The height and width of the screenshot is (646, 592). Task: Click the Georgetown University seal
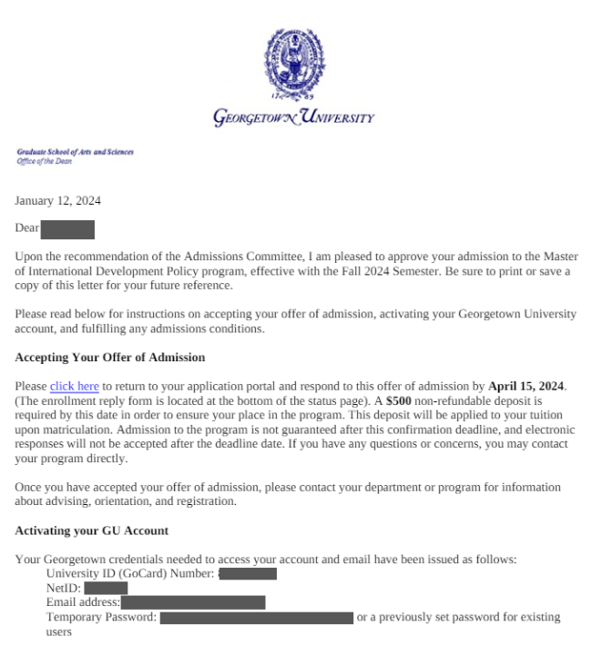[x=296, y=63]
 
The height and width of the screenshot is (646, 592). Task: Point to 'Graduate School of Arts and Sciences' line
[x=73, y=152]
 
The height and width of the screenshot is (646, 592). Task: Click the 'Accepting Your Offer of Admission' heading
[x=111, y=357]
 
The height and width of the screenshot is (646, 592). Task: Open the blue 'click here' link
[x=74, y=386]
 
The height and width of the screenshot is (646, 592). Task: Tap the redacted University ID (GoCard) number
[x=248, y=574]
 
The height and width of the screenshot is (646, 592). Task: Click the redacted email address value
[x=193, y=602]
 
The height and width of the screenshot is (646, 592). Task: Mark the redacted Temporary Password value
[x=257, y=617]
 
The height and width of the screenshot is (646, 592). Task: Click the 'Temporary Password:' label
[x=102, y=617]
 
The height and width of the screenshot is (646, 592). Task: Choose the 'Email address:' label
[x=83, y=602]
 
